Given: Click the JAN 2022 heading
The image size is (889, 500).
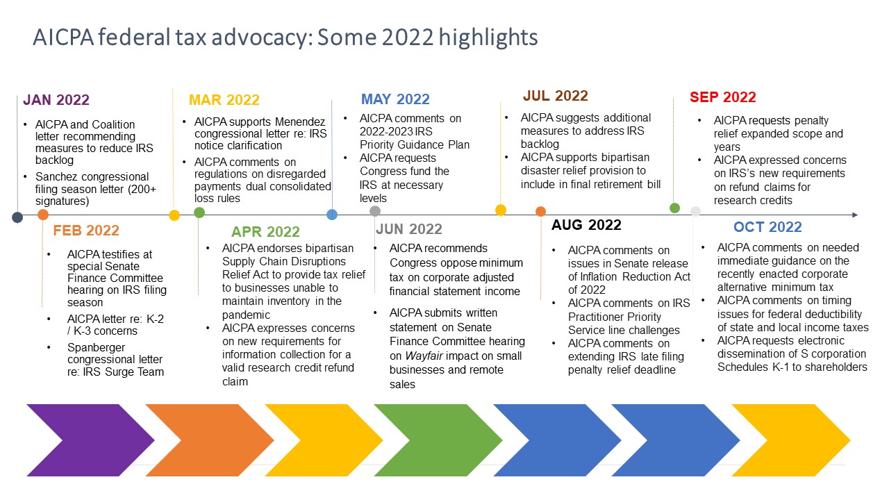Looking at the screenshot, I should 56,100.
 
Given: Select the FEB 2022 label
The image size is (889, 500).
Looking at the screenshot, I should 86,231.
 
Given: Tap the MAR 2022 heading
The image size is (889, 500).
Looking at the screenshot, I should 224,100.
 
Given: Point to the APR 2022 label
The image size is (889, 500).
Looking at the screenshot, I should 265,232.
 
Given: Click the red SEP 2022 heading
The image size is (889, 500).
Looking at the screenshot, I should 722,97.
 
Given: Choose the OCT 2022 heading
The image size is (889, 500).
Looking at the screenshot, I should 767,227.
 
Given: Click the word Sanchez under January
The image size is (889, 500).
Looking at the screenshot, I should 55,176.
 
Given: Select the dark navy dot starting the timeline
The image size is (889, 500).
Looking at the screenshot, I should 17,217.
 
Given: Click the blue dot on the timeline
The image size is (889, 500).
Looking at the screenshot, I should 332,215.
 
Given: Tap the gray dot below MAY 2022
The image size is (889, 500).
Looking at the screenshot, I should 375,211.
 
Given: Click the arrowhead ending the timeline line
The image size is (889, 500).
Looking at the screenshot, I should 855,215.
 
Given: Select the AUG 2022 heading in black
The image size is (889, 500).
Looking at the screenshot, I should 586,225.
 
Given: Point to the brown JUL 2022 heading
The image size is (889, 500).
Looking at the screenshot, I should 555,96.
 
